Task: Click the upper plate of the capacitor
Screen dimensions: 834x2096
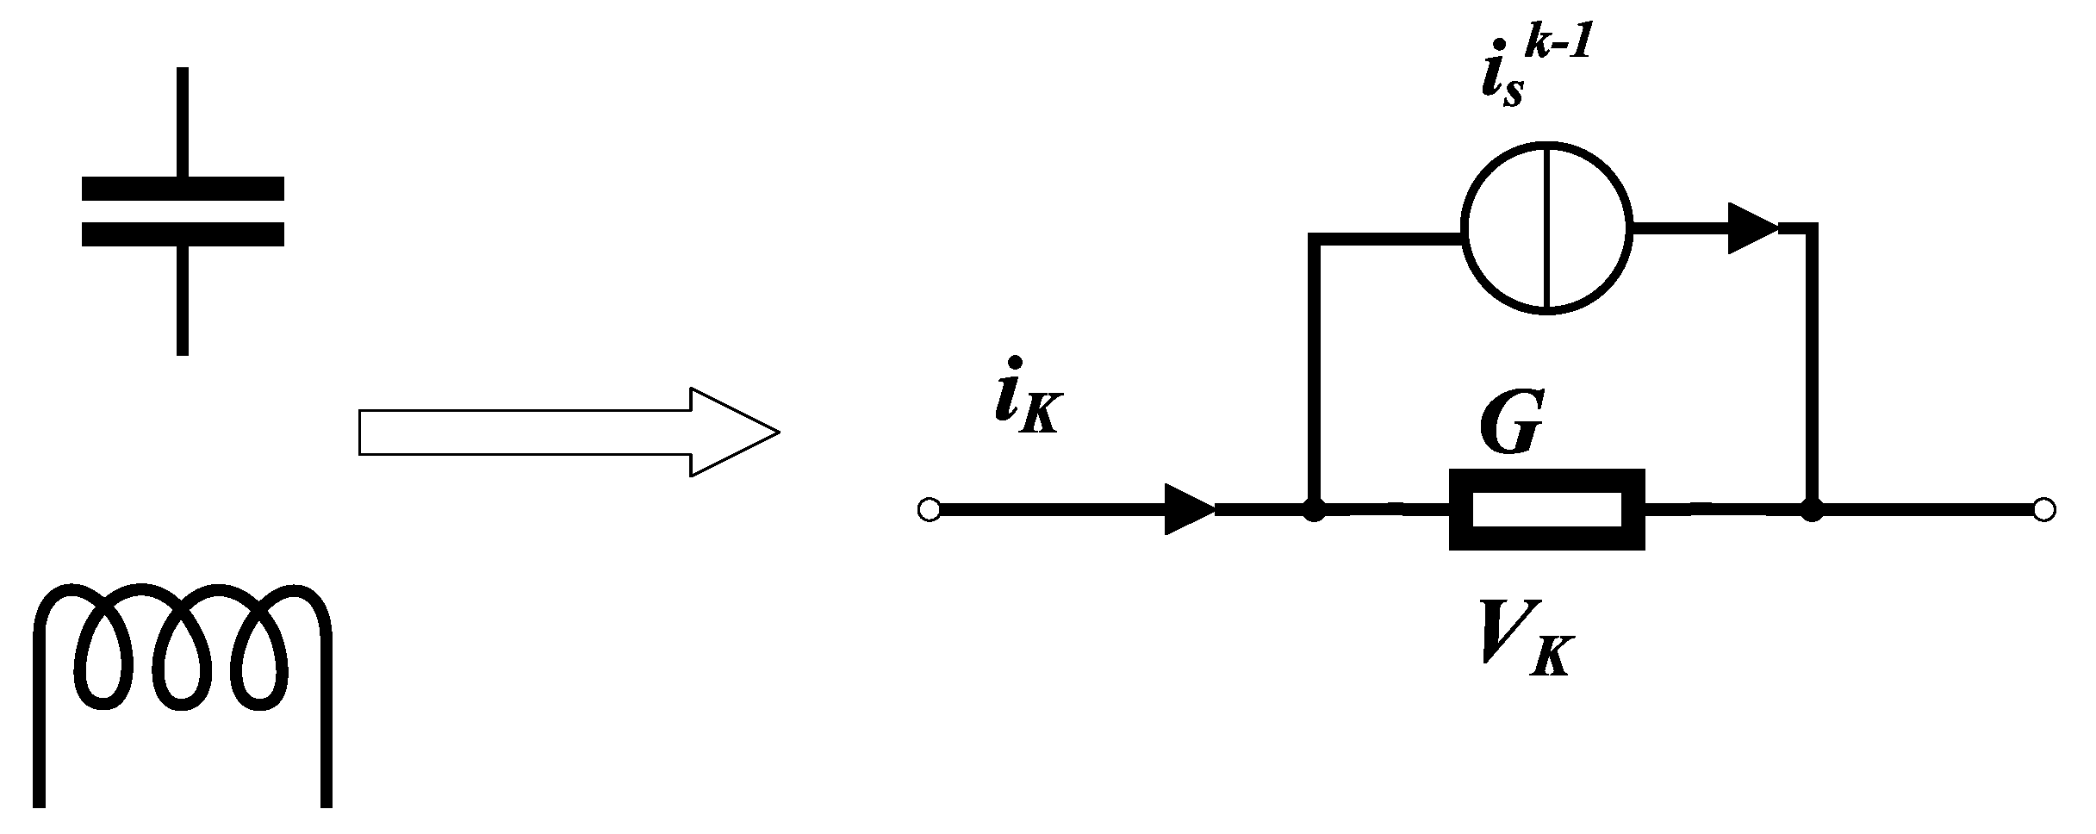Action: click(x=183, y=188)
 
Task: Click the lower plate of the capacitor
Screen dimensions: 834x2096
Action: click(x=183, y=234)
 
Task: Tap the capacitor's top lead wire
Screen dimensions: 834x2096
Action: click(x=183, y=121)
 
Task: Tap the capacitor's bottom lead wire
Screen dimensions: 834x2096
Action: click(x=183, y=302)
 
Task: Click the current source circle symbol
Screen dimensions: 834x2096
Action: click(x=1546, y=229)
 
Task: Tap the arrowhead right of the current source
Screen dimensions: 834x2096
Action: click(x=1754, y=229)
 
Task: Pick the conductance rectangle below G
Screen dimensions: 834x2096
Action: click(x=1546, y=509)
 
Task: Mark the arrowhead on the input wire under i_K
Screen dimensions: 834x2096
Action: click(x=1189, y=509)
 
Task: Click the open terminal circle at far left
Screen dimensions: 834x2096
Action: click(x=929, y=510)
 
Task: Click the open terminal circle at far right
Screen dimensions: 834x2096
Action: click(x=2043, y=510)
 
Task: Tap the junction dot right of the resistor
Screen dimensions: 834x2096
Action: click(x=1813, y=510)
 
